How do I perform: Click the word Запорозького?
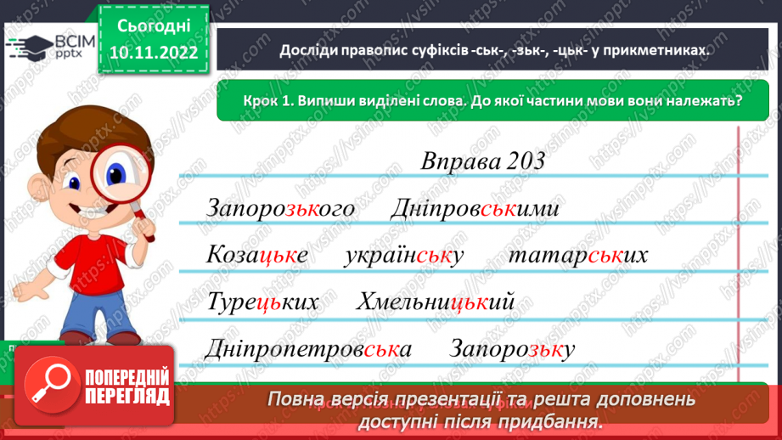tap(279, 209)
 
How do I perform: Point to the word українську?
tap(404, 256)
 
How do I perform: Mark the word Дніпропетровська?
tap(309, 349)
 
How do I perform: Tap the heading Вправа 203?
tap(481, 161)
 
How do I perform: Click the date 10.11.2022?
tap(154, 54)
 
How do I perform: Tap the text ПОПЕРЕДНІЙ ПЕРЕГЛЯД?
tap(125, 386)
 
